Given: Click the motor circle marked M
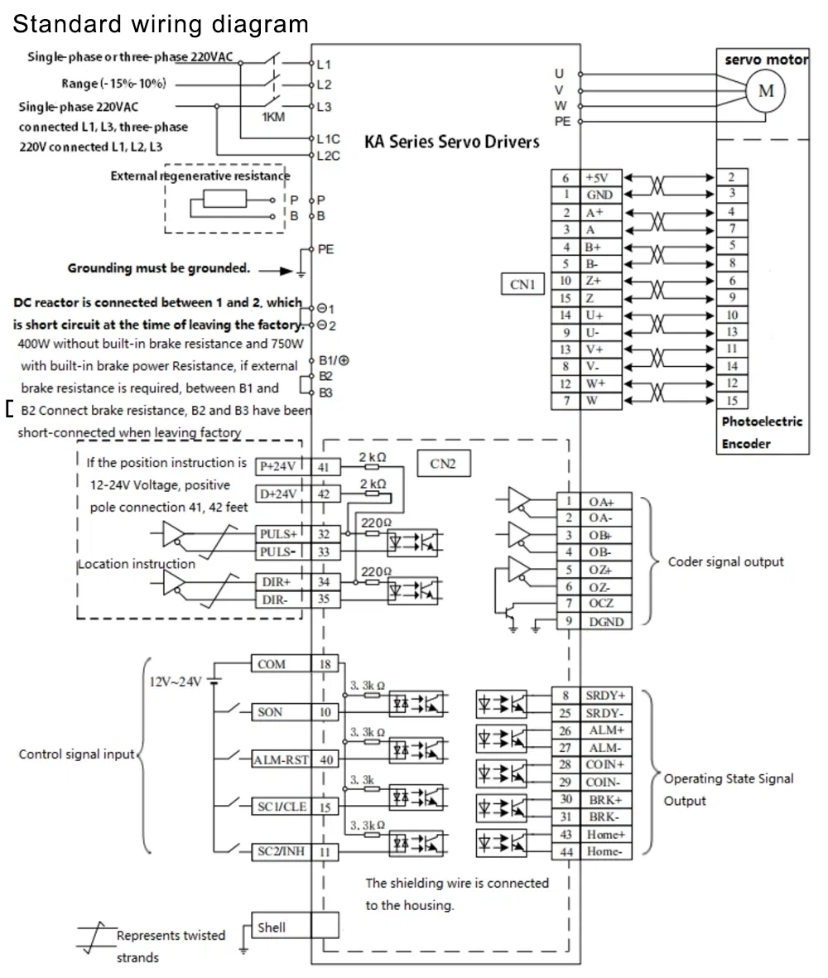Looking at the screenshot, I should [x=766, y=91].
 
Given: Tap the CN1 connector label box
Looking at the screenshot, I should [x=522, y=285].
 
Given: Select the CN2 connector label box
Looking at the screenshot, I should [x=443, y=464].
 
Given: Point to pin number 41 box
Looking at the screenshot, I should [x=324, y=467].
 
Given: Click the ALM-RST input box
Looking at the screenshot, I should [x=281, y=759].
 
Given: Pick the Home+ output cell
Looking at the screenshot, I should [x=606, y=835].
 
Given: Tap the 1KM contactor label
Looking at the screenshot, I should [x=273, y=117].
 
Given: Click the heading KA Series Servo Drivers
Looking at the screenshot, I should [x=452, y=142].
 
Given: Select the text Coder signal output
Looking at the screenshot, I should [x=725, y=561].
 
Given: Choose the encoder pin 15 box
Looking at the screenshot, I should [x=731, y=401].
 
